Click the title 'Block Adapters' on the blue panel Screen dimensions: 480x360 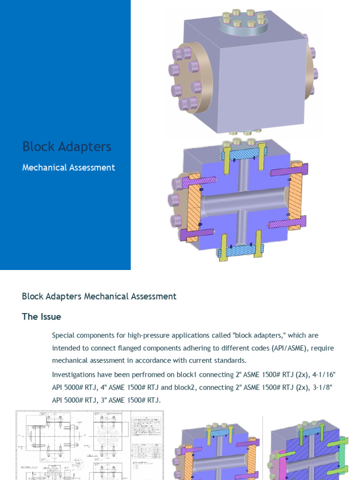67,147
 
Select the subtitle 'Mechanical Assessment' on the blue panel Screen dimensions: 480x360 68,167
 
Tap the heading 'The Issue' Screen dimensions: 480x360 41,316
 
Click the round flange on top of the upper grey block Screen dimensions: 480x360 243,26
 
